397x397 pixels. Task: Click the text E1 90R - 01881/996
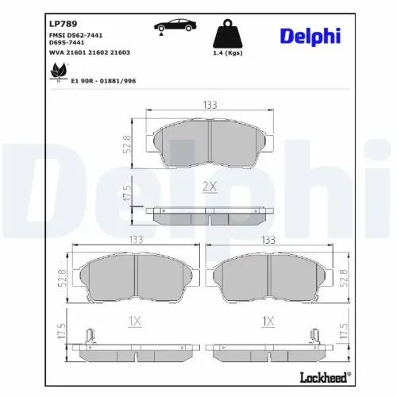pyautogui.click(x=104, y=80)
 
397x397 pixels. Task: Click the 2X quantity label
pyautogui.click(x=210, y=187)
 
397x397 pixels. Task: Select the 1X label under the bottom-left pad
pyautogui.click(x=134, y=321)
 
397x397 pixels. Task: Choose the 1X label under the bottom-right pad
pyautogui.click(x=268, y=321)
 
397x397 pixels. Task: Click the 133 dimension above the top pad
pyautogui.click(x=210, y=103)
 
